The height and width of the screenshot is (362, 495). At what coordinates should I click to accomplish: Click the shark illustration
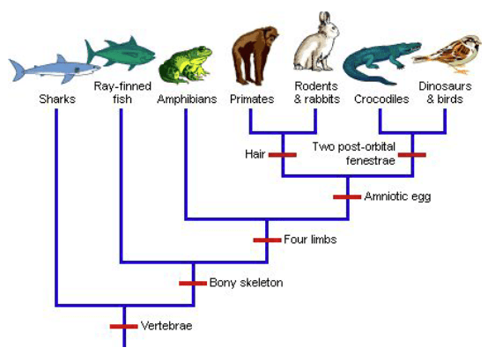(54, 69)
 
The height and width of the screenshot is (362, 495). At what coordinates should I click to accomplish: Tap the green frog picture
(186, 64)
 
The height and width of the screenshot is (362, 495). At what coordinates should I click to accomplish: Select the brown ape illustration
(255, 55)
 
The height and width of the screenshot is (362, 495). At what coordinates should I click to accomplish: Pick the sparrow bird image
(448, 55)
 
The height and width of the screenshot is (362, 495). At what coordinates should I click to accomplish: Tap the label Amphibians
(187, 100)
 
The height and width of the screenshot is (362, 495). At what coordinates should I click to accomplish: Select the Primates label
(252, 100)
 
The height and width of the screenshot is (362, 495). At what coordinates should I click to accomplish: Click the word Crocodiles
(381, 100)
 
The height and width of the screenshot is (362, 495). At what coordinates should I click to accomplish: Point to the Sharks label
(57, 100)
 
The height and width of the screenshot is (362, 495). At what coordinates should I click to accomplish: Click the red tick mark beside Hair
(283, 155)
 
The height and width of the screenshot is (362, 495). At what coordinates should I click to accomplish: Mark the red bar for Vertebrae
(123, 327)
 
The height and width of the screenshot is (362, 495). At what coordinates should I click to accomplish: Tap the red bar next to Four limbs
(267, 240)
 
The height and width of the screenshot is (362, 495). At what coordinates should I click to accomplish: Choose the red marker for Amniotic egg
(347, 197)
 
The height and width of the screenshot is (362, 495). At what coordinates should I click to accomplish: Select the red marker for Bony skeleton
(193, 284)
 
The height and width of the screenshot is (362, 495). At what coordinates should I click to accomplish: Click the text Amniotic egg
(397, 196)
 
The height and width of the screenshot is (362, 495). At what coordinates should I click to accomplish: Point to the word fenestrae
(371, 160)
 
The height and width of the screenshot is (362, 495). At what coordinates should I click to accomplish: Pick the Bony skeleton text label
(247, 283)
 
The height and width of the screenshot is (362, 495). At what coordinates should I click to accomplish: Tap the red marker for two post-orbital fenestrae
(412, 155)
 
